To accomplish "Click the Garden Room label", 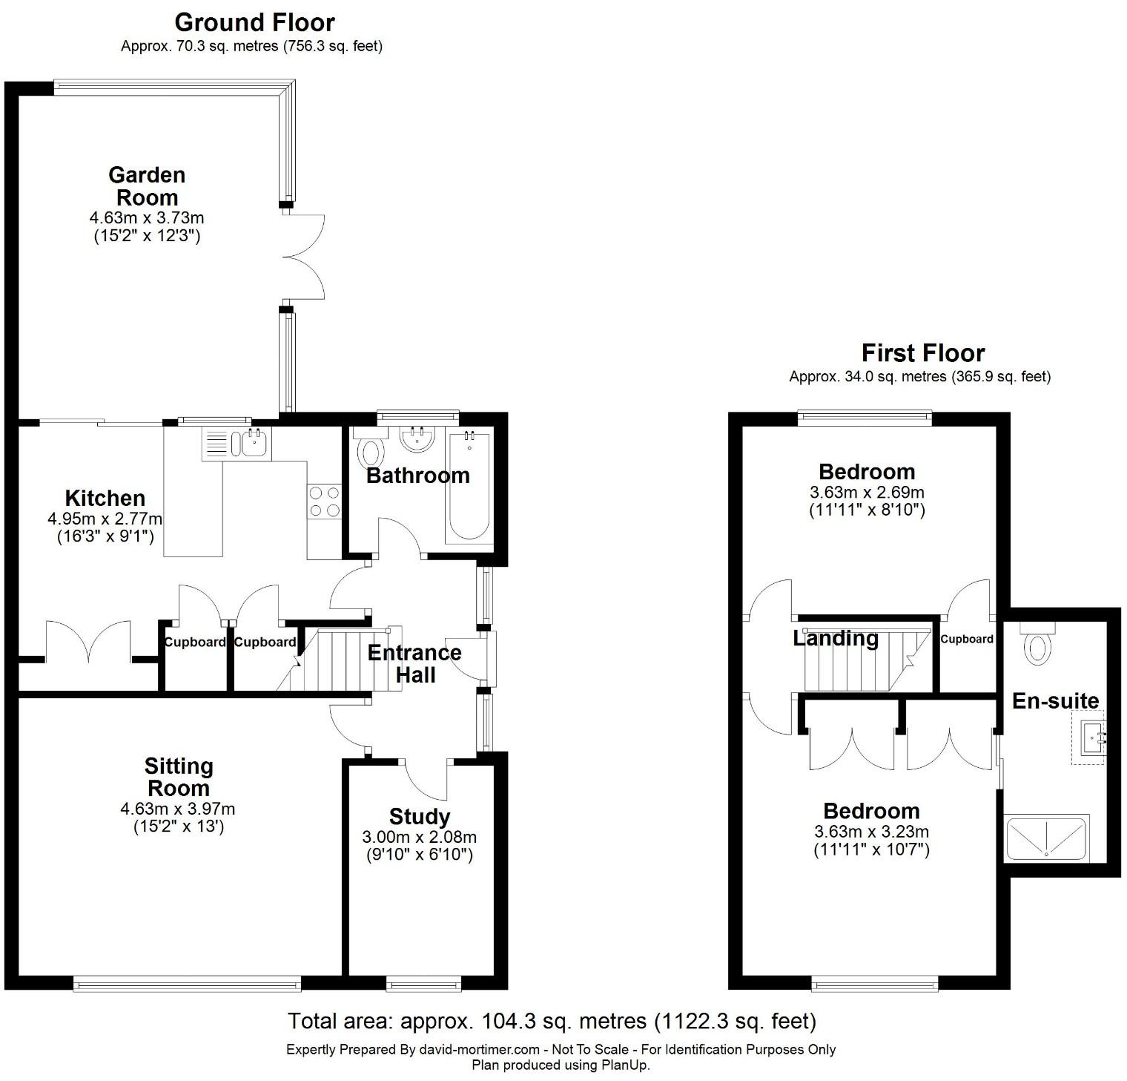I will (147, 186).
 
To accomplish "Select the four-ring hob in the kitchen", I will (324, 501).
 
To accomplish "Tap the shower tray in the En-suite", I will (1046, 838).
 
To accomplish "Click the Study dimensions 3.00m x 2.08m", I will (420, 838).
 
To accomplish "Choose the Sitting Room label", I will (178, 777).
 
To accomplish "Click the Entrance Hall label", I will (414, 663).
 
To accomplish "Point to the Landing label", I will (836, 638).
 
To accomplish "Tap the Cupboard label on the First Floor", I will (967, 639).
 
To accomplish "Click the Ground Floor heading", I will (254, 22).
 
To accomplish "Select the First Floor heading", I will (923, 352).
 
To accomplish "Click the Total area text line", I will (552, 1022).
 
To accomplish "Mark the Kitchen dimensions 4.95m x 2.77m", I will (105, 519).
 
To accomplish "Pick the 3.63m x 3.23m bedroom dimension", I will (871, 832).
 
